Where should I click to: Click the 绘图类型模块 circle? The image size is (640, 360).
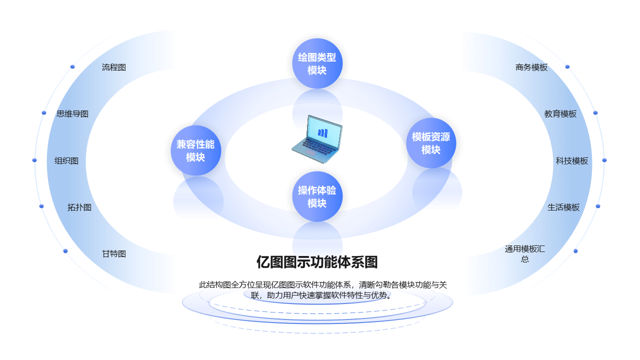317,63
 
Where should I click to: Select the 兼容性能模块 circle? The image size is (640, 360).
195,150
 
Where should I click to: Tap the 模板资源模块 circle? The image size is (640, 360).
430,143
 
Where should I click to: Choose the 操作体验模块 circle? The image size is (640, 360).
317,196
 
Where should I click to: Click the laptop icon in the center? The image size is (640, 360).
317,139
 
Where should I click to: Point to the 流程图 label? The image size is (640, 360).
114,67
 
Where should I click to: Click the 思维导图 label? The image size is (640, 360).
72,113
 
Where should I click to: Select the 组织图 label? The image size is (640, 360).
66,160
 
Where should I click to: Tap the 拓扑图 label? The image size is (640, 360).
79,207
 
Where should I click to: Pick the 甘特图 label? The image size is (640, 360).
114,253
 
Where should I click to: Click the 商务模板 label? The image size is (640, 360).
531,67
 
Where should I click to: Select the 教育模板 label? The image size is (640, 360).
560,113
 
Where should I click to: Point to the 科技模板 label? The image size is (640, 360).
572,160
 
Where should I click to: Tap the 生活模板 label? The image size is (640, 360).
563,207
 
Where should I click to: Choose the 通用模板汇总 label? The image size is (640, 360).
524,253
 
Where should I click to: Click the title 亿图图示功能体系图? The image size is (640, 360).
317,262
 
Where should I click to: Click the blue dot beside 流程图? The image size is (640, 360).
72,66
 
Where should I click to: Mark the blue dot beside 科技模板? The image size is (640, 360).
604,160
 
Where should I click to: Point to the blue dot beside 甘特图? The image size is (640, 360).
65,251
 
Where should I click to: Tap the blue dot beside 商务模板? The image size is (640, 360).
567,66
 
